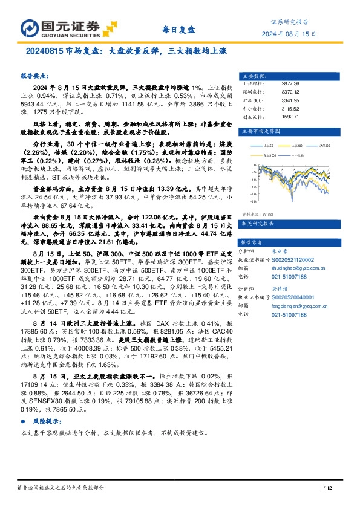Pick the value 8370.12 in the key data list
tap(290, 92)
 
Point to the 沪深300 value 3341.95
tap(290, 100)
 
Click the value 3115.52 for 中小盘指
tap(290, 108)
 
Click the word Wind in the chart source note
tap(269, 197)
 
